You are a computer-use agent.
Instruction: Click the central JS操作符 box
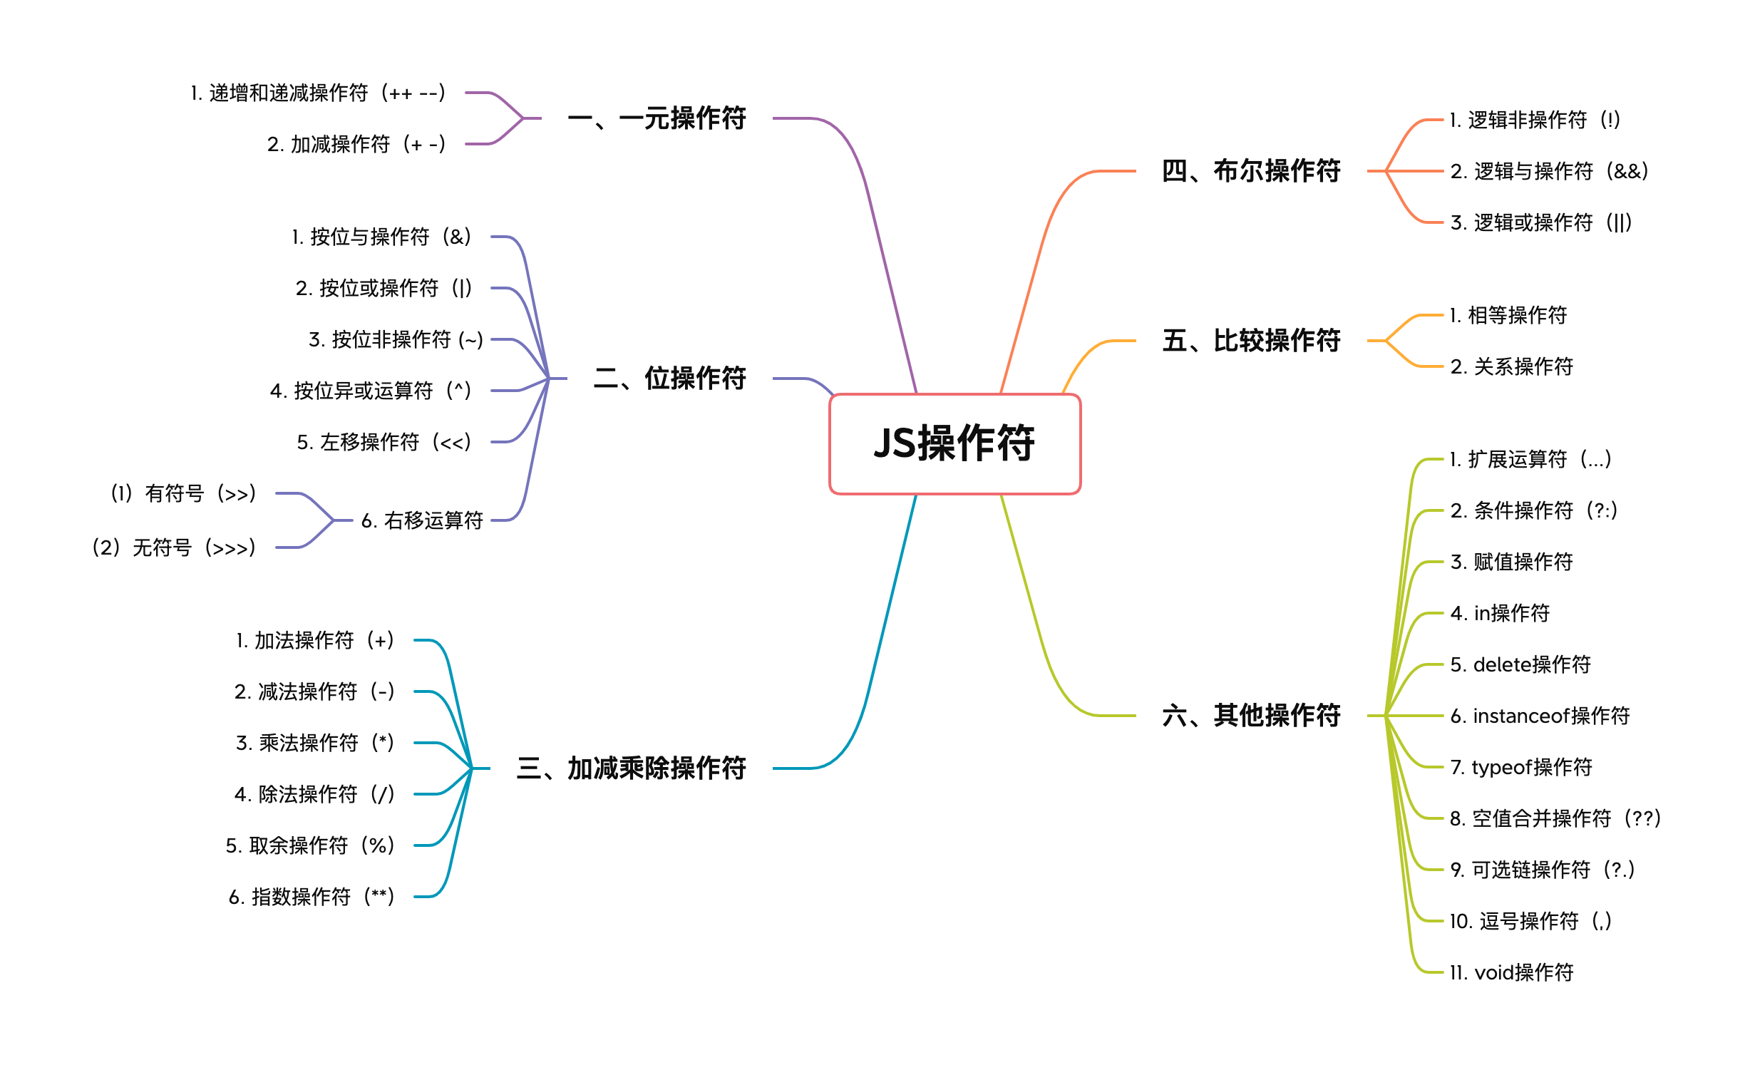pos(954,443)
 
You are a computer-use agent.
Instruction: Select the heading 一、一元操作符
pos(657,118)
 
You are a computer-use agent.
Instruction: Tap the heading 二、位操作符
pos(669,378)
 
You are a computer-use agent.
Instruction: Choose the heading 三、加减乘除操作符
pos(631,768)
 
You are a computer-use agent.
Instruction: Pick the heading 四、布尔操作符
pos(1251,171)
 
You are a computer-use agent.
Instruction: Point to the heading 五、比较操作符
pos(1251,341)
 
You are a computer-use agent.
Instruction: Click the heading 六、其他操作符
pos(1251,715)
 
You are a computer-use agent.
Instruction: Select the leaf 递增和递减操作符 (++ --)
pos(318,93)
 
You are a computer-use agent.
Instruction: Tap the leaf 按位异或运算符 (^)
pos(371,391)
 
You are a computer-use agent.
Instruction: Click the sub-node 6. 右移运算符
pos(422,520)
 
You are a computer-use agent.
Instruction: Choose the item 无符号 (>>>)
pos(174,547)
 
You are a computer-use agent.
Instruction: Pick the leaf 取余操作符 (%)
pos(310,845)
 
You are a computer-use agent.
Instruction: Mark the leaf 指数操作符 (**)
pos(312,897)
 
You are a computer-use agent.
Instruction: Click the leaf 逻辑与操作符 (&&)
pos(1549,171)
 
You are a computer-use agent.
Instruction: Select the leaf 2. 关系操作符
pos(1511,366)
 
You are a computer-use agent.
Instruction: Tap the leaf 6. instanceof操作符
pos(1540,716)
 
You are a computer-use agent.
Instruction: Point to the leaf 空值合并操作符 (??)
pos(1555,818)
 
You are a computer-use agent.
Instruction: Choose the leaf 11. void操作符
pos(1511,972)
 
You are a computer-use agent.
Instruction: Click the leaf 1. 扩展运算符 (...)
pos(1530,459)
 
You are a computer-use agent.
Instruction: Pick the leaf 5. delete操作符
pos(1520,664)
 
